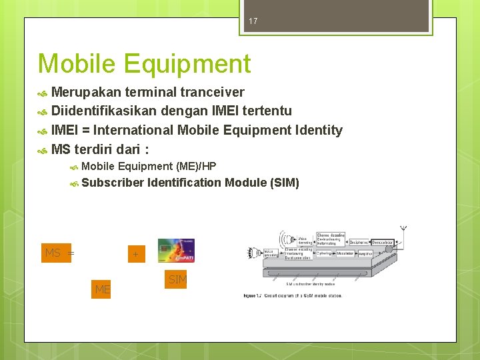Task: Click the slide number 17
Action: point(253,21)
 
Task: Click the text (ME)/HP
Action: point(196,166)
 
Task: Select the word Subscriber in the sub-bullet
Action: point(113,182)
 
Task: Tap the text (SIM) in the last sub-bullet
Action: point(285,182)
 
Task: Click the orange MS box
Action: point(56,253)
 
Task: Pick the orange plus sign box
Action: point(135,254)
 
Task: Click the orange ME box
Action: point(102,289)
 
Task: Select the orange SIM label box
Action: point(177,279)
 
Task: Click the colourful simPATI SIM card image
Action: point(176,251)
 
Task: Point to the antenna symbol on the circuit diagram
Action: point(403,230)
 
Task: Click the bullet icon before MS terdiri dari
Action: point(43,149)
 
